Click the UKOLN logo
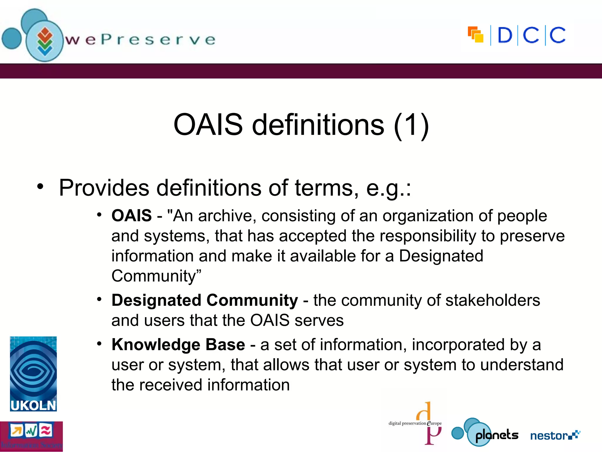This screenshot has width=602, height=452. pos(33,374)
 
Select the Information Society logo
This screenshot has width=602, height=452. pos(31,436)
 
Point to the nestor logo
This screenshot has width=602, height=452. pos(555,435)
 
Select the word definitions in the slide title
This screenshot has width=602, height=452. pos(318,125)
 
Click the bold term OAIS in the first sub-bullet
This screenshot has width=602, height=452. pos(131,216)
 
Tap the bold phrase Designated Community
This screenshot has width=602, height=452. pos(205,300)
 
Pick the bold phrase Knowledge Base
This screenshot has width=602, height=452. pos(178,345)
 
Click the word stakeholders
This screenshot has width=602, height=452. pos(493,300)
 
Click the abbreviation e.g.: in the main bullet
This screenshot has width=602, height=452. pos(388,188)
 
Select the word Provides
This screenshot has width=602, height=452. pos(104,188)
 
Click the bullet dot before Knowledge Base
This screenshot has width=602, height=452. pos(99,343)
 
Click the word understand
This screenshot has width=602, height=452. pos(522,365)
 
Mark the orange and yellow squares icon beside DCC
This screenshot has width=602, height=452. pos(476,35)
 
